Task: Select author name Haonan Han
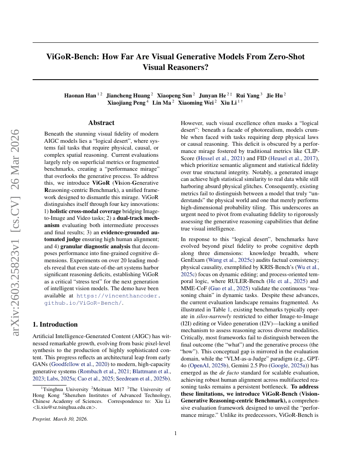(80, 95)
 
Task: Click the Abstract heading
(101, 123)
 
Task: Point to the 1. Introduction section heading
(55, 325)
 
